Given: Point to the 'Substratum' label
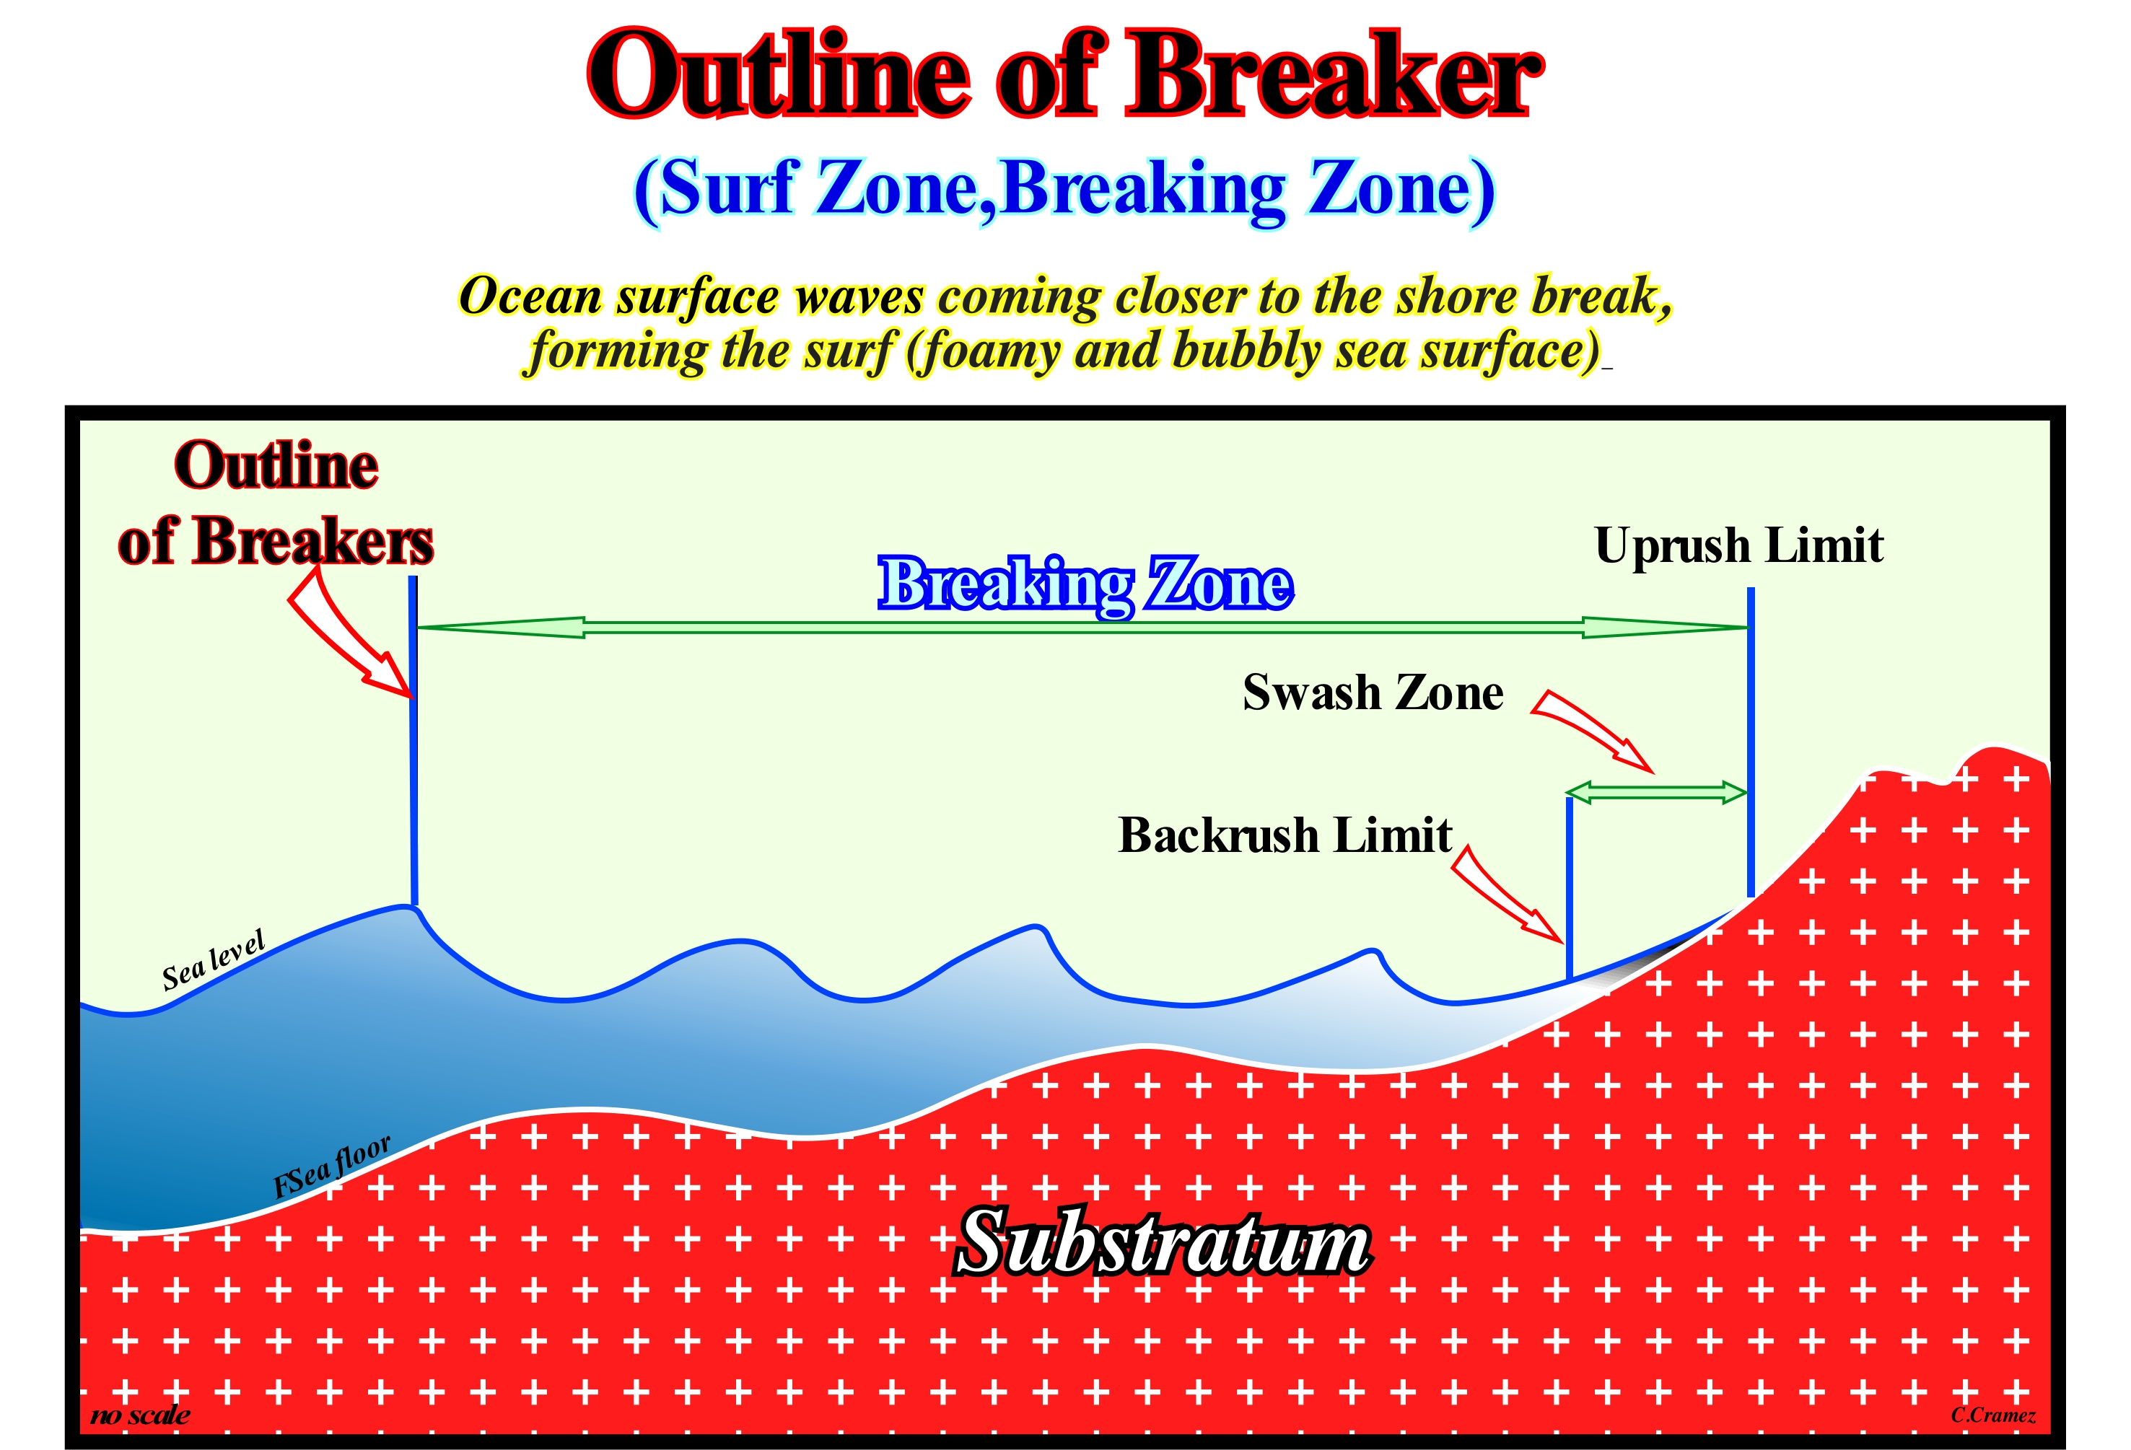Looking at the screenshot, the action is pyautogui.click(x=1163, y=1242).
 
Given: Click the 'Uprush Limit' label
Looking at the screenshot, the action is pyautogui.click(x=1738, y=546).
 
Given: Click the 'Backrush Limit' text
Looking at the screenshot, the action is pyautogui.click(x=1285, y=835).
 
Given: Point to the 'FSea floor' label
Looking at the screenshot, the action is pyautogui.click(x=332, y=1166).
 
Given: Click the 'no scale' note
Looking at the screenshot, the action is pyautogui.click(x=140, y=1415).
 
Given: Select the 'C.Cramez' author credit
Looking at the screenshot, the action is pyautogui.click(x=1992, y=1415).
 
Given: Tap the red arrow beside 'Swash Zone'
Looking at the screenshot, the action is pyautogui.click(x=1593, y=729).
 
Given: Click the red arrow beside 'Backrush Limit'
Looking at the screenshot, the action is pyautogui.click(x=1507, y=894).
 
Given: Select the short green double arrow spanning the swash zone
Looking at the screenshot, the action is pyautogui.click(x=1656, y=792).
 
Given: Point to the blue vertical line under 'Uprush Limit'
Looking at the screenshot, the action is pyautogui.click(x=1751, y=742).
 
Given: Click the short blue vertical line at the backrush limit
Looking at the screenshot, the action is pyautogui.click(x=1570, y=888).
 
